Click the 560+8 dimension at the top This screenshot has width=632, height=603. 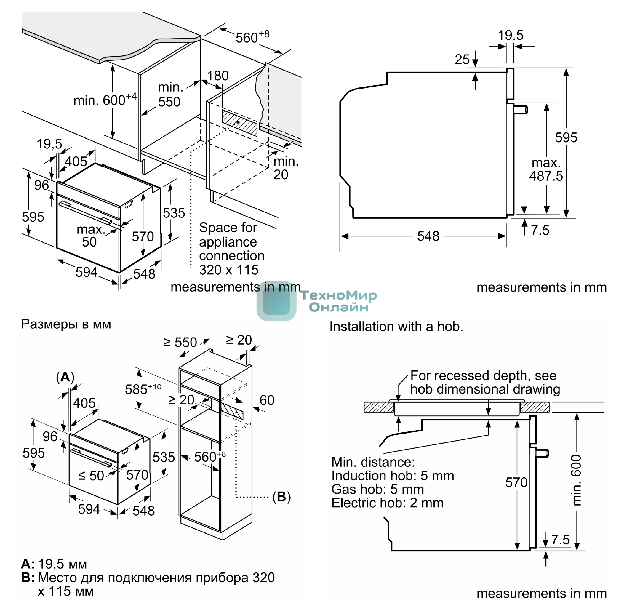tap(252, 37)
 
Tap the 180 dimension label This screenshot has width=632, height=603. tap(218, 76)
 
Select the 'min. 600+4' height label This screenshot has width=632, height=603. tap(105, 100)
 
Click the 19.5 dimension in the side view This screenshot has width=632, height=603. tap(510, 35)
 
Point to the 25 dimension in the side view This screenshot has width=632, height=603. tap(462, 60)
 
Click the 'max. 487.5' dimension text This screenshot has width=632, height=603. tap(546, 169)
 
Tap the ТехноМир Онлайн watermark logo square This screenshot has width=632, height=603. tap(276, 301)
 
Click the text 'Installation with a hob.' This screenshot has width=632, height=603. tap(396, 327)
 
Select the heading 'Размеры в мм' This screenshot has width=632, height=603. tap(66, 324)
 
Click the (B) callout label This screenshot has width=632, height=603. tap(281, 497)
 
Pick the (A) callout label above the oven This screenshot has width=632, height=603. tap(65, 377)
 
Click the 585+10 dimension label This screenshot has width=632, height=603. tap(143, 389)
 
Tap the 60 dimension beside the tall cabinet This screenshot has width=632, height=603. tap(266, 400)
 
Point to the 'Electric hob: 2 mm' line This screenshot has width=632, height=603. tap(387, 503)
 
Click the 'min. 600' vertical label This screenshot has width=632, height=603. tap(576, 480)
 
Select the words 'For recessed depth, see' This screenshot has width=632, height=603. tap(483, 375)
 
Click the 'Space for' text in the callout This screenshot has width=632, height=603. tap(228, 228)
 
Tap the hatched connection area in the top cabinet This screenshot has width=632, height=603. tap(239, 123)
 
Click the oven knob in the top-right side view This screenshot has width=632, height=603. tap(521, 110)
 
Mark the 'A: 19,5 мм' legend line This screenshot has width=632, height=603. tap(54, 564)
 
